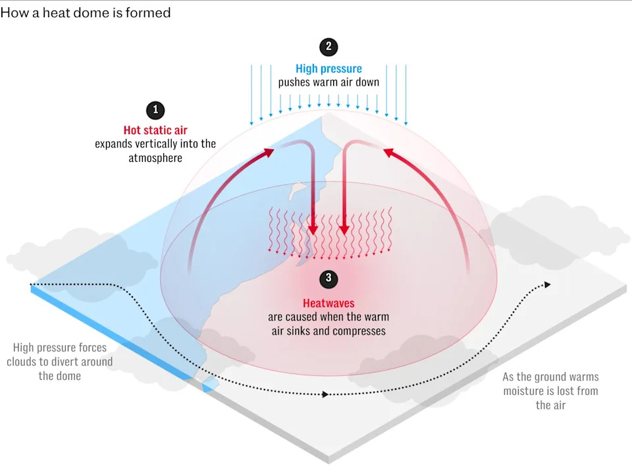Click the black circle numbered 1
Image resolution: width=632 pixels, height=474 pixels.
click(155, 110)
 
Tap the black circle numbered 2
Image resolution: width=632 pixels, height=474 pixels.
click(329, 46)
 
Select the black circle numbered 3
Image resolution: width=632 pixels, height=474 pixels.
click(329, 278)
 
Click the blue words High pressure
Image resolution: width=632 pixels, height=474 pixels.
click(329, 68)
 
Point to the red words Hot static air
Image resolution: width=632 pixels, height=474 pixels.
click(155, 130)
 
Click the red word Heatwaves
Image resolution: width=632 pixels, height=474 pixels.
click(329, 303)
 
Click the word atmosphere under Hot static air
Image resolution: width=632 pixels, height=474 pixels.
click(155, 158)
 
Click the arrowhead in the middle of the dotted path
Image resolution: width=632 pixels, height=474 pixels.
click(325, 394)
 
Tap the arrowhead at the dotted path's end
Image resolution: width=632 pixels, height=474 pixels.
click(547, 284)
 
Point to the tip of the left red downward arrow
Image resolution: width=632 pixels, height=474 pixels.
click(313, 234)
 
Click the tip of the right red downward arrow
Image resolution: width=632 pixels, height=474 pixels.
click(344, 234)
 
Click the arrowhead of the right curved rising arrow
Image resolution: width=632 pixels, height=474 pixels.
click(388, 153)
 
